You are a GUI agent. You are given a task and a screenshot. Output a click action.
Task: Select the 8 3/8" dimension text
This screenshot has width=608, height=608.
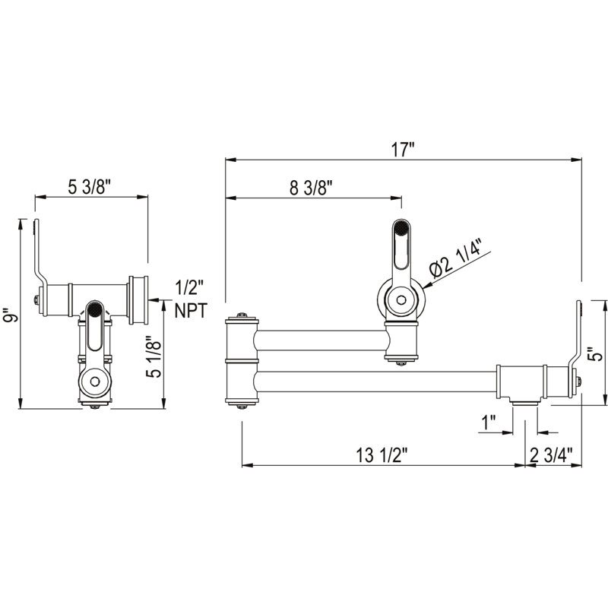pyautogui.click(x=312, y=188)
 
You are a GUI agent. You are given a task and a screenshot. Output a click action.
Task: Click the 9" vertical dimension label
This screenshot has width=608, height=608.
pyautogui.click(x=9, y=315)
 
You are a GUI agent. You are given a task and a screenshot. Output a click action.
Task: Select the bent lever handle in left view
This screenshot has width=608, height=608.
pyautogui.click(x=38, y=251)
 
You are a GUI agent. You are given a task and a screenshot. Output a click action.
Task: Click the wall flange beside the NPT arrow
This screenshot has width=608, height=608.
pyautogui.click(x=138, y=300)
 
